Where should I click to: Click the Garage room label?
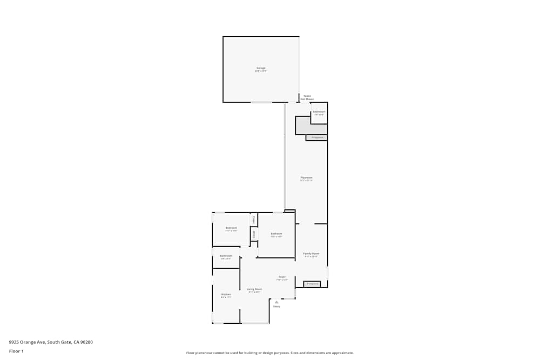point(261,69)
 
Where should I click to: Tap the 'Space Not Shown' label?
point(307,98)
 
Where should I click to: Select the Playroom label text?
point(307,178)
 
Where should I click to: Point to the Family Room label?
point(311,254)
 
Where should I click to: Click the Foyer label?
point(282,277)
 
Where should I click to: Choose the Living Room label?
point(254,289)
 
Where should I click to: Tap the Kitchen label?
point(226,295)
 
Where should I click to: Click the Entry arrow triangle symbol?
point(276,302)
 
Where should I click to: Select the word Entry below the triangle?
point(276,307)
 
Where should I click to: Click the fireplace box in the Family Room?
point(312,284)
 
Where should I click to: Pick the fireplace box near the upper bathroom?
point(316,138)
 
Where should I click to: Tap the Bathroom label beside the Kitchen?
point(226,256)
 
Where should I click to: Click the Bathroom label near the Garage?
point(319,112)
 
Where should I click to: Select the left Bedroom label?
point(231,228)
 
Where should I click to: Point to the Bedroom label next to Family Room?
point(276,234)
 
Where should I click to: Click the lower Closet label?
point(254,234)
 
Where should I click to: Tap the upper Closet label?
point(254,220)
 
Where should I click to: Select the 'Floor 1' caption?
point(16,351)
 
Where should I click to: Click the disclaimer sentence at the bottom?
point(270,353)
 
